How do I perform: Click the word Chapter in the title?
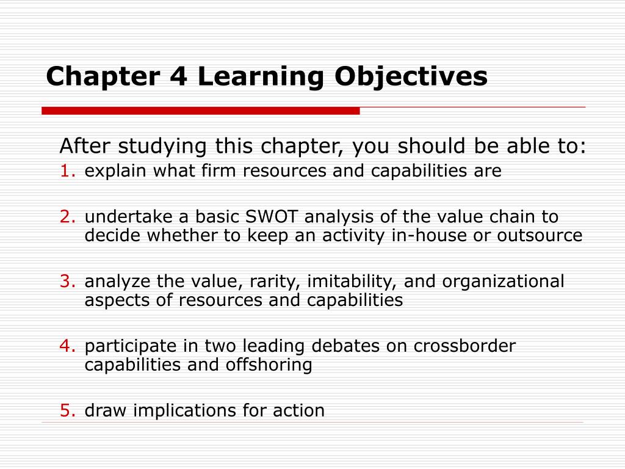point(103,77)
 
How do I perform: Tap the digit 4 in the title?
point(179,76)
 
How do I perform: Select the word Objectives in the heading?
point(411,77)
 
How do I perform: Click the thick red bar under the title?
point(200,111)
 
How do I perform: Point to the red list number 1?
point(67,171)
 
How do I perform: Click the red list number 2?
point(67,217)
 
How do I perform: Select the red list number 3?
point(67,281)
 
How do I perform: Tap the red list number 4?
point(67,346)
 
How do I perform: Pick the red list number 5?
point(67,410)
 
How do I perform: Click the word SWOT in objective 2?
point(272,217)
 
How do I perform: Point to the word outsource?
point(540,235)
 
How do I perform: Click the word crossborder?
point(464,346)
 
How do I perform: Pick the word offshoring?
point(269,365)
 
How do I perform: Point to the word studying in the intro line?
point(162,147)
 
